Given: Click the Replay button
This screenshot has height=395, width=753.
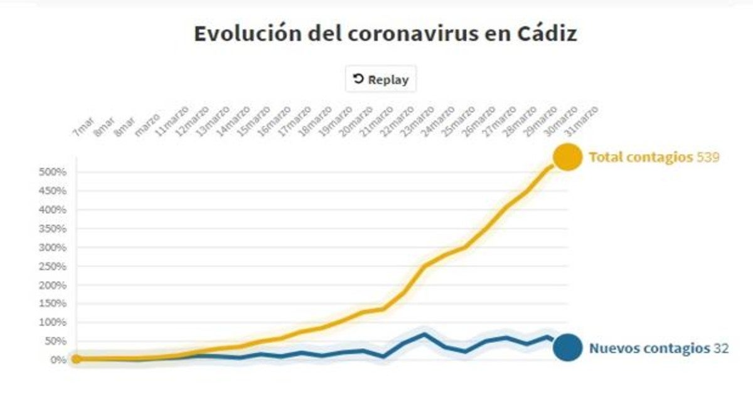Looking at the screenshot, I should point(380,80).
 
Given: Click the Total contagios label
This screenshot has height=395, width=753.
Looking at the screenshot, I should point(641,157).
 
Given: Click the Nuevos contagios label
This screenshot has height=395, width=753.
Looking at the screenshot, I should point(648,349).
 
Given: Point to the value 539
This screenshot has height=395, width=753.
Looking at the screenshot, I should point(708,157).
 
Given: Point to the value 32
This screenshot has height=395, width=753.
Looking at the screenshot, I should point(722,349).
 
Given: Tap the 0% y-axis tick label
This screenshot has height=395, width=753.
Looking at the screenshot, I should point(57,360).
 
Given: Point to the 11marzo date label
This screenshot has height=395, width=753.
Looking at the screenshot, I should point(172,118).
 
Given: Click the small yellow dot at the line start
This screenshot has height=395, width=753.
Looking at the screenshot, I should point(76,359).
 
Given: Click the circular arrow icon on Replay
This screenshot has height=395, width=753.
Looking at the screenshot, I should point(358,79).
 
